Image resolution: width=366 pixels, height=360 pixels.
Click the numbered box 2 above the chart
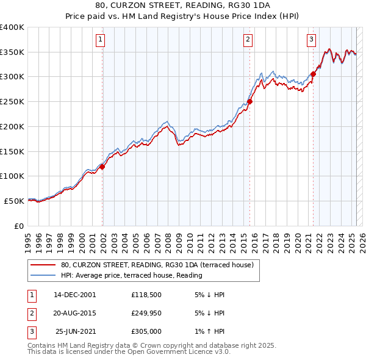(x=248, y=40)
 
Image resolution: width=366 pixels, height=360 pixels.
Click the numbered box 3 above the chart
(x=311, y=40)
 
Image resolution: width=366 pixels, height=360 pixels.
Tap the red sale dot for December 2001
(x=102, y=167)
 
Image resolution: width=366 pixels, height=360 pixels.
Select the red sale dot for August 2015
(x=250, y=102)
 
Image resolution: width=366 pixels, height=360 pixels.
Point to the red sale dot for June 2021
(x=313, y=74)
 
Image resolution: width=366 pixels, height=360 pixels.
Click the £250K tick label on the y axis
(x=12, y=102)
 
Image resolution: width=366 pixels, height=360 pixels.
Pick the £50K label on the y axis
(x=14, y=201)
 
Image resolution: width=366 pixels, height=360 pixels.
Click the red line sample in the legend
(x=42, y=265)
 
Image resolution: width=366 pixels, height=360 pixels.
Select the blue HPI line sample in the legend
(x=42, y=275)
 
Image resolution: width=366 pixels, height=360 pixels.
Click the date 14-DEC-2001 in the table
(x=75, y=295)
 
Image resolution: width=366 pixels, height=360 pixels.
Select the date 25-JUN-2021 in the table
(x=76, y=333)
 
